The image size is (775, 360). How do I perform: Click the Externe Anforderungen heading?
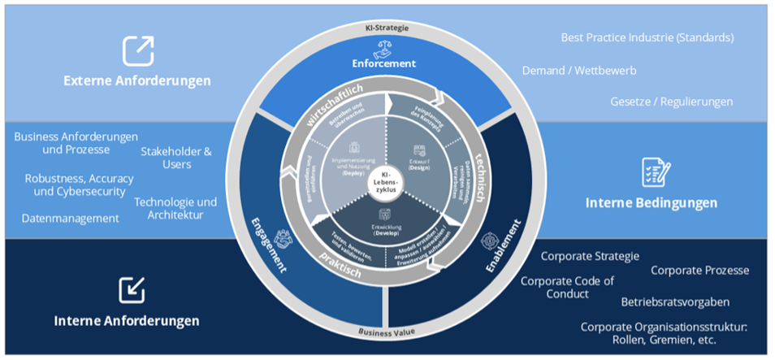point(137,80)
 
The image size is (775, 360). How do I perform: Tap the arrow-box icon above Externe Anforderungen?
point(138,50)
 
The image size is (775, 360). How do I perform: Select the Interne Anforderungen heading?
point(127,321)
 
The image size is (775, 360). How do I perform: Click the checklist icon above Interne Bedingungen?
point(656,171)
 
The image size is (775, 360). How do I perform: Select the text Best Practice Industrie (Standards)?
point(647,37)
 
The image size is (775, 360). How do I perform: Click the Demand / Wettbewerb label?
point(579,71)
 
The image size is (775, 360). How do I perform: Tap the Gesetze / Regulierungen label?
point(672,102)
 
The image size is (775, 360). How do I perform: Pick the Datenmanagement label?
point(71,218)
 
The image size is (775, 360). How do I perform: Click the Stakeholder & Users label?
point(176,158)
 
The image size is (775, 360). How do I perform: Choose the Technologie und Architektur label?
point(175,208)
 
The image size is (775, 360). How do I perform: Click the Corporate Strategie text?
point(591,257)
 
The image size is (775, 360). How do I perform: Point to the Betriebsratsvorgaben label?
point(675,301)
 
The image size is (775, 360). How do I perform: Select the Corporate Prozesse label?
point(699,270)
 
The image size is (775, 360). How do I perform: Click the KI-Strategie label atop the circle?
point(387,28)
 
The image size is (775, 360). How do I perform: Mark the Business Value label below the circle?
point(387,332)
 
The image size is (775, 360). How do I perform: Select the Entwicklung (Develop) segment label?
point(387,228)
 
